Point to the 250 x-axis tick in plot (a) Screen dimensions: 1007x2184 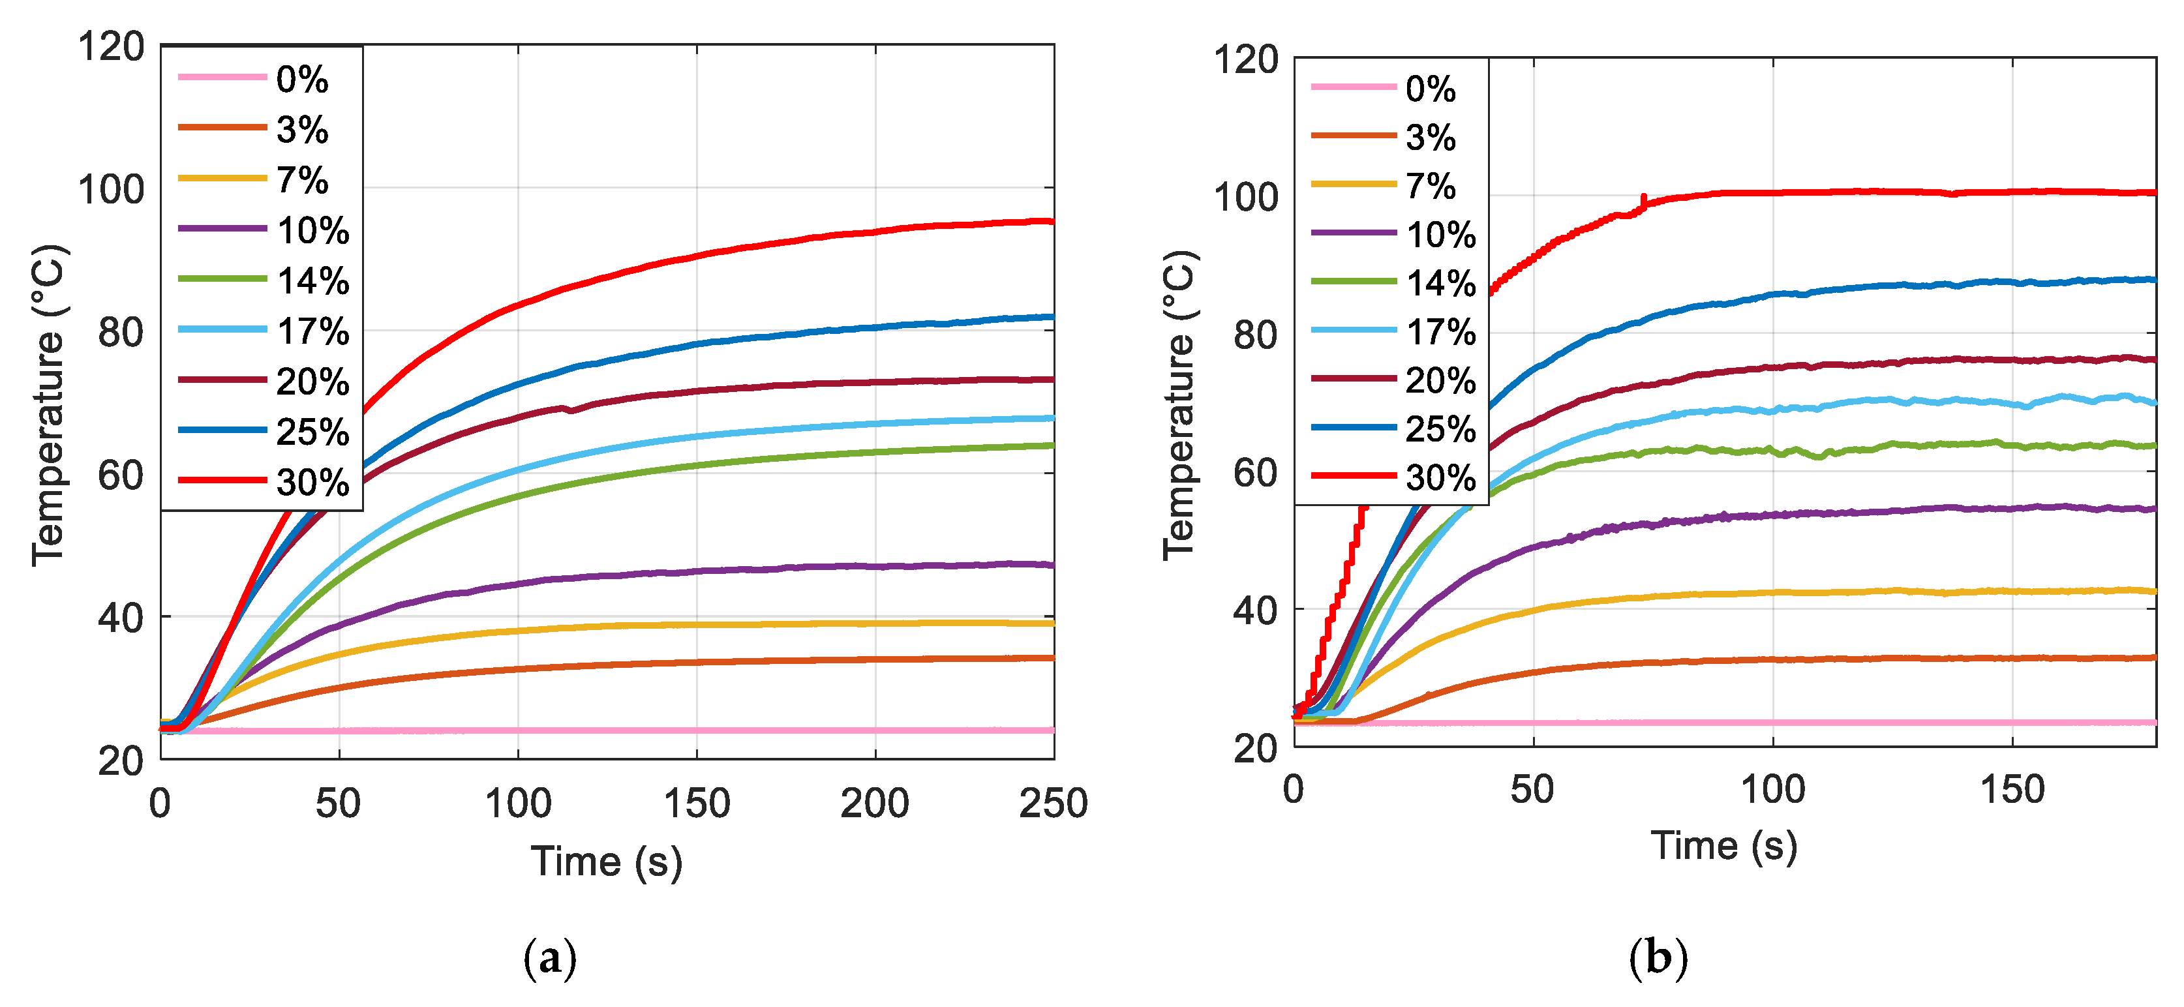click(1052, 803)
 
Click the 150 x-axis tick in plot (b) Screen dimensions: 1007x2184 click(2012, 789)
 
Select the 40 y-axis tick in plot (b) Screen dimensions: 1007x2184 click(1255, 609)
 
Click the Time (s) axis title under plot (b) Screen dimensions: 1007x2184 click(1723, 845)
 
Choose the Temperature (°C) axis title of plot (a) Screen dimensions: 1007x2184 click(48, 405)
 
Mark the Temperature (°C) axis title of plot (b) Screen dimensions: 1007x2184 click(1179, 405)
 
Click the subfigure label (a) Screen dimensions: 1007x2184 click(549, 959)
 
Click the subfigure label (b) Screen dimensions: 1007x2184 click(1658, 959)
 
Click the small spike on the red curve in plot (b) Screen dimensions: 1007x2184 click(1644, 200)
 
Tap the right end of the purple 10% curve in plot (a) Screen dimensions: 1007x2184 click(1052, 565)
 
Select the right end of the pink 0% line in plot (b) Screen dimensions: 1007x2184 click(2153, 722)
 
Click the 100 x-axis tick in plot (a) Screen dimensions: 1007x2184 click(518, 803)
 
